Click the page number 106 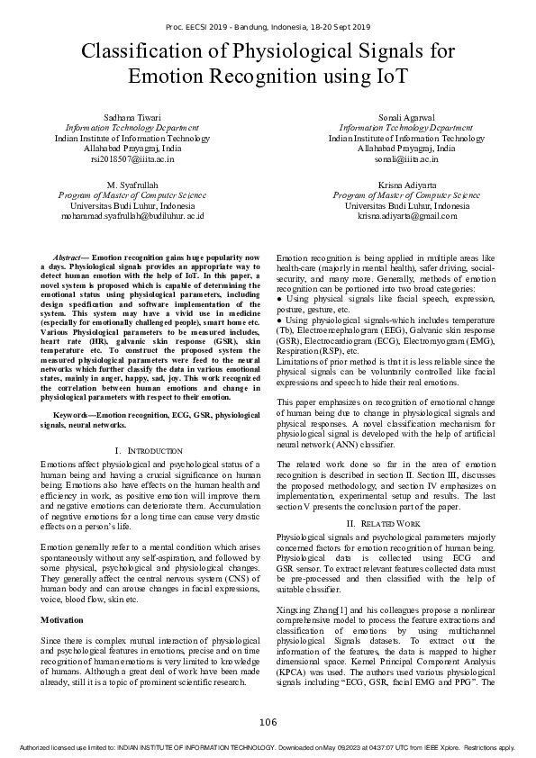point(268,722)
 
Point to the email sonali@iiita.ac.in point(406,158)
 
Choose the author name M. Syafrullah point(132,184)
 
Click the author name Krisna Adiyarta point(406,184)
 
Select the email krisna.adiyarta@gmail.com point(406,216)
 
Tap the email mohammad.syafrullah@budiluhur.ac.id point(132,216)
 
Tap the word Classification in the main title point(143,52)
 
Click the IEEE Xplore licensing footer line point(268,747)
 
